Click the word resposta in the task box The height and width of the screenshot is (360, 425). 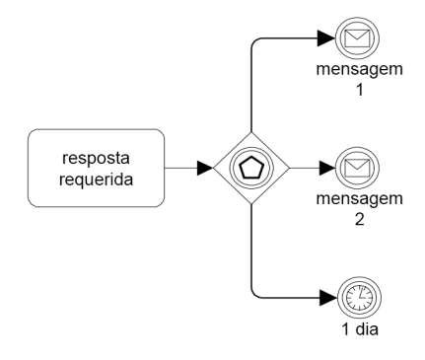click(x=95, y=157)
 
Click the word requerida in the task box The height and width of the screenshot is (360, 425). click(x=95, y=179)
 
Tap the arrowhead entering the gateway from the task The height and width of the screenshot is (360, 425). click(x=204, y=168)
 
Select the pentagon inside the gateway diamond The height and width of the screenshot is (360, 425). click(x=252, y=168)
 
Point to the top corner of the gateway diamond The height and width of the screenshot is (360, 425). click(x=252, y=130)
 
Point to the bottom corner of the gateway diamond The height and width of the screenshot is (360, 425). click(x=252, y=205)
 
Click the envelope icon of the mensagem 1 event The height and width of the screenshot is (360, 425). click(x=352, y=40)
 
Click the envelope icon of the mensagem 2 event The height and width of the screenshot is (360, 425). click(x=352, y=168)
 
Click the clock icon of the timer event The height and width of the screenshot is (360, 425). click(x=352, y=295)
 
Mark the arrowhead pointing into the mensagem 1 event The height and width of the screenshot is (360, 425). click(x=326, y=40)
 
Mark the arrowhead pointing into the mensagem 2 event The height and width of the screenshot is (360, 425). click(x=326, y=168)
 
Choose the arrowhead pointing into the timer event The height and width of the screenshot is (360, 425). click(x=326, y=295)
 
